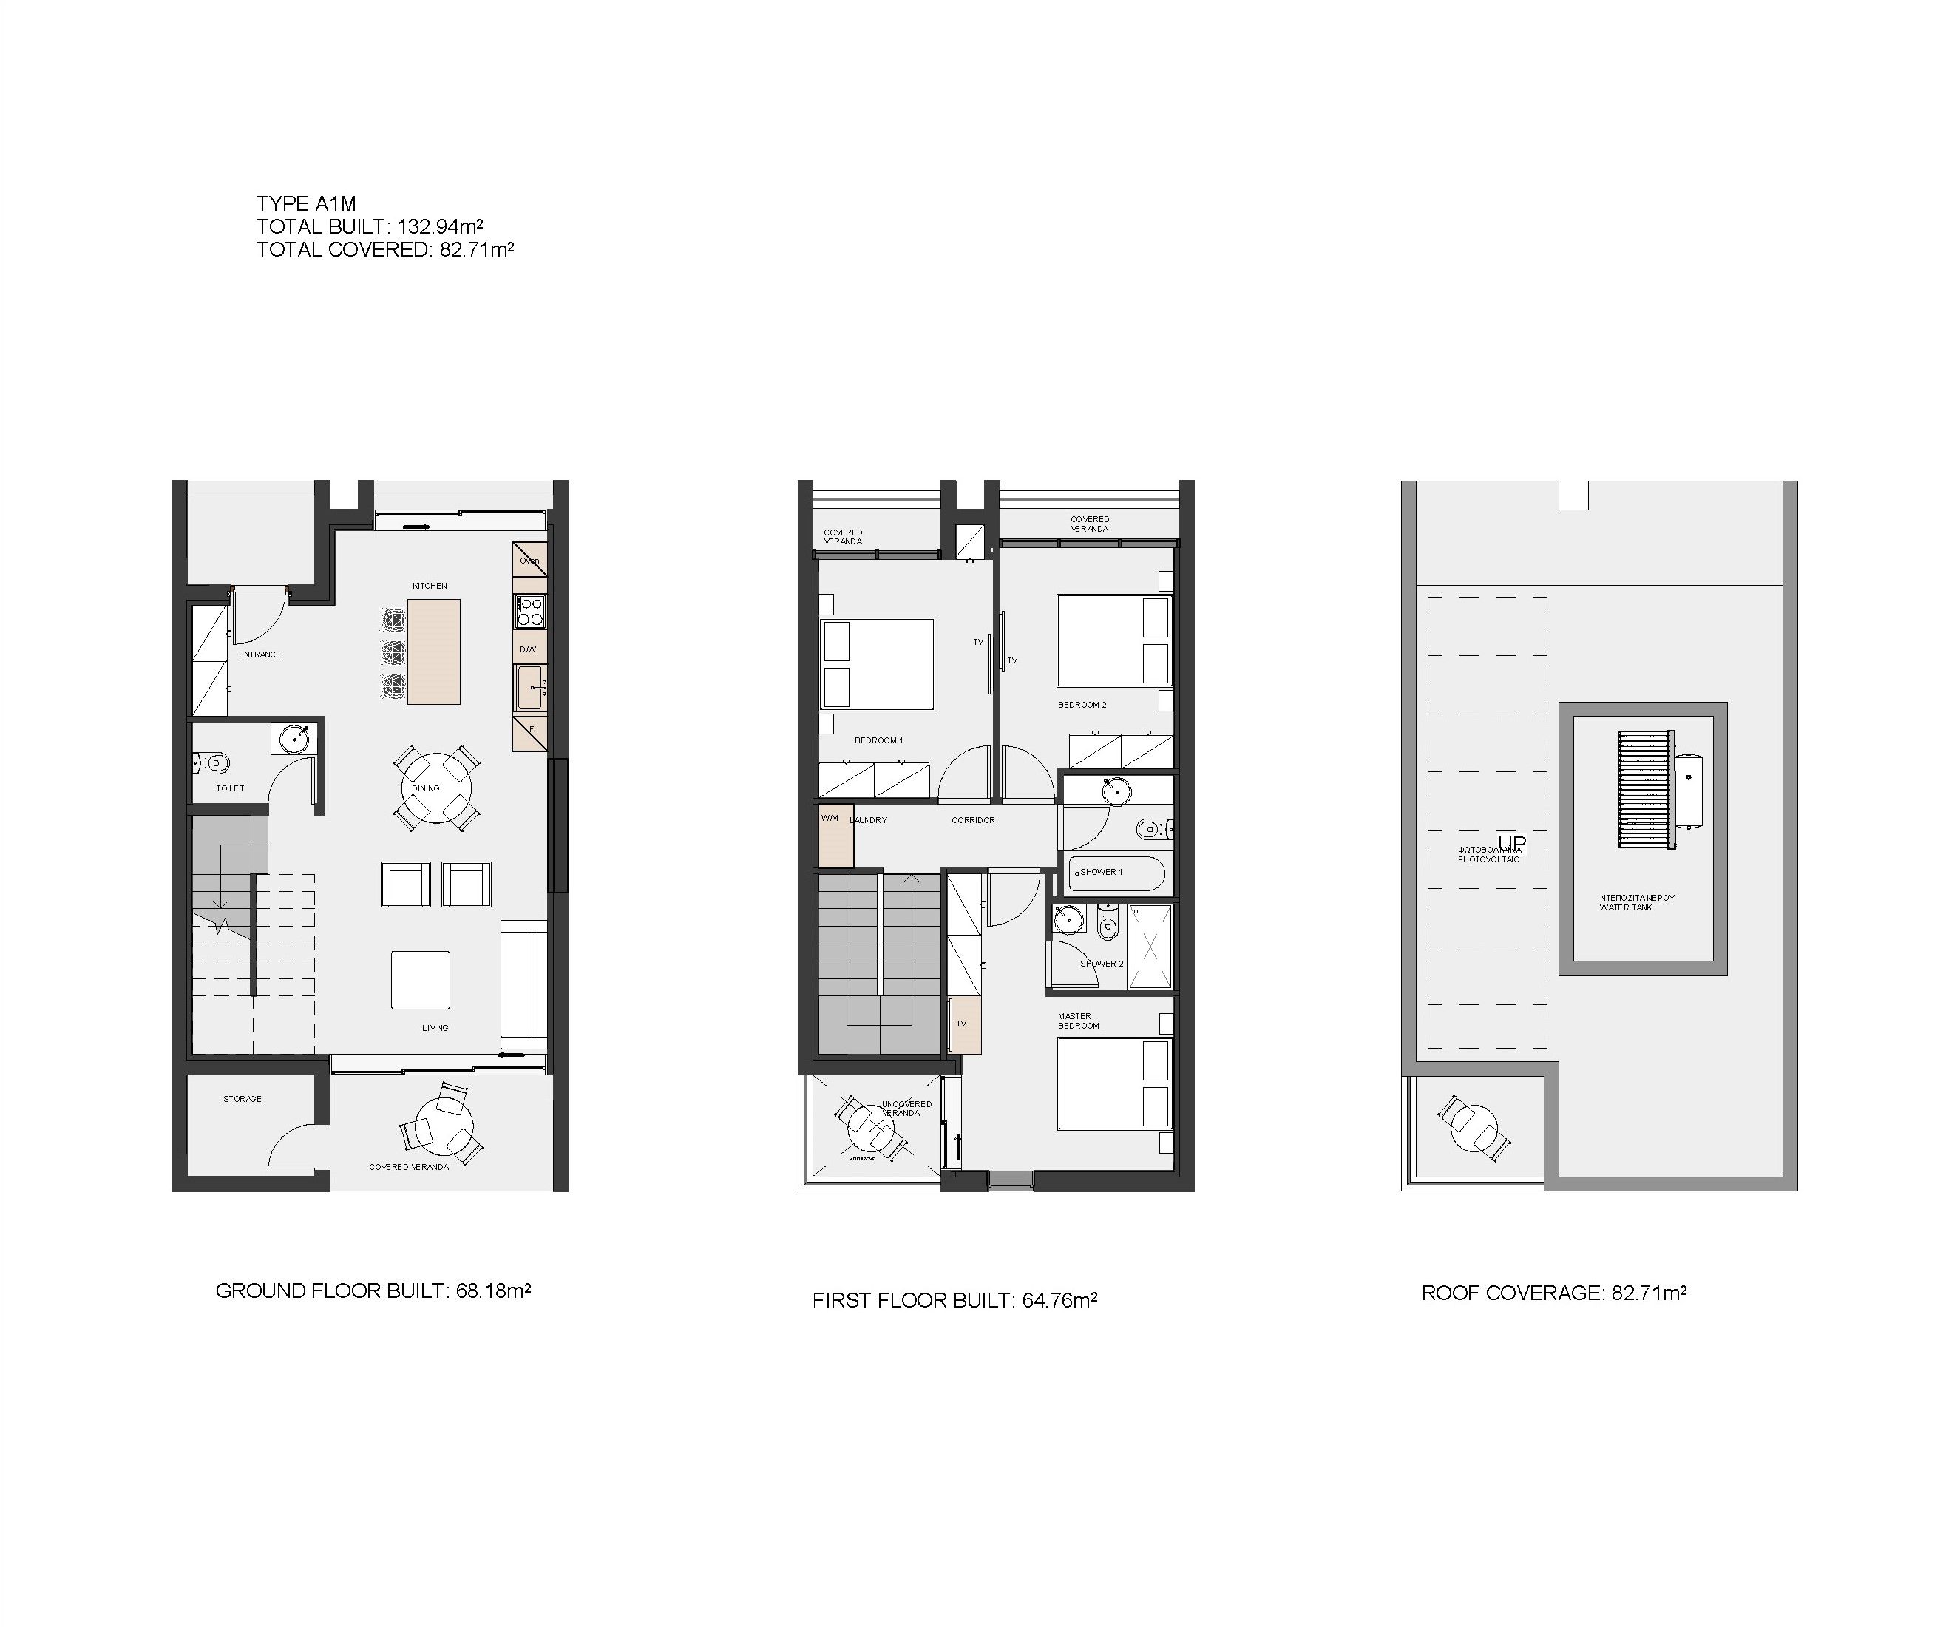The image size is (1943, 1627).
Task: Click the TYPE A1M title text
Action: pos(305,203)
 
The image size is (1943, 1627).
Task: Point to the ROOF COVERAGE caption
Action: pos(1553,1293)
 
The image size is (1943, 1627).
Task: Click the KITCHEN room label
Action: pos(430,586)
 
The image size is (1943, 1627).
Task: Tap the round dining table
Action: pos(435,788)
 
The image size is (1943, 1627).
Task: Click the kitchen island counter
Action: pos(433,652)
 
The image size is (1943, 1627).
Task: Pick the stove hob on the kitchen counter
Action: pos(530,612)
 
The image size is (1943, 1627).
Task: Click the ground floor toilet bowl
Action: pos(214,763)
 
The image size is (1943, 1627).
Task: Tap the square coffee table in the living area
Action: pos(420,979)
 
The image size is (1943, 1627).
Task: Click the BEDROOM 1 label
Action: pos(878,740)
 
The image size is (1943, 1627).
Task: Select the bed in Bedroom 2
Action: pos(1113,640)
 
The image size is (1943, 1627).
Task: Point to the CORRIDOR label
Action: pos(972,820)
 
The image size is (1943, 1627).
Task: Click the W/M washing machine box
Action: pos(835,836)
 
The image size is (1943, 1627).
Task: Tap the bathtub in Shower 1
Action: pos(1116,873)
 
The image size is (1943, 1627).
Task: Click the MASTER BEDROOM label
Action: pos(1079,1021)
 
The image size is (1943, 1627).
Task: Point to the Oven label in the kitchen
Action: pos(529,560)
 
